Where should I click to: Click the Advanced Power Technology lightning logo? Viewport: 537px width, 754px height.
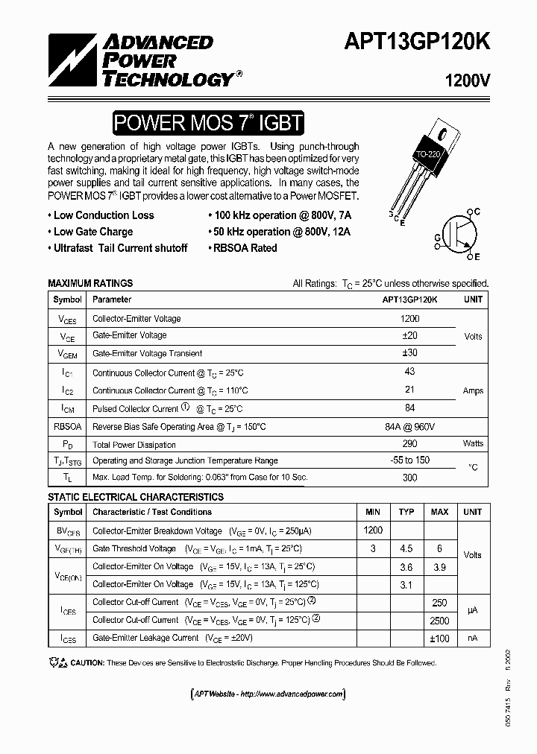66,59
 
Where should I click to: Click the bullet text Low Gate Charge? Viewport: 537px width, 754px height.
93,232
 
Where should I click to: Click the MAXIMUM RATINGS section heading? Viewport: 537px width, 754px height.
90,283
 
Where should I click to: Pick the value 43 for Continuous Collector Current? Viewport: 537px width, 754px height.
409,372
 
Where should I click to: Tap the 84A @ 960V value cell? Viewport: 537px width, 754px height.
409,426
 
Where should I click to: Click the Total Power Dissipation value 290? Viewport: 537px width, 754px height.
409,444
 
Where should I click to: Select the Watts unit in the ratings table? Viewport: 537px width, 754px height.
473,444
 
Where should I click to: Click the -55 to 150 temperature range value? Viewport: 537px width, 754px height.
409,460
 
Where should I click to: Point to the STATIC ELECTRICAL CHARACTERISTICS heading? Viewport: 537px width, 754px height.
136,497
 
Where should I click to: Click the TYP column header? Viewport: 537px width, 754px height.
406,513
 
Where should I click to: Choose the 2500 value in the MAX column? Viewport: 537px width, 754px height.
439,620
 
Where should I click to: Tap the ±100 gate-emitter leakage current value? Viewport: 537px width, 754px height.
439,638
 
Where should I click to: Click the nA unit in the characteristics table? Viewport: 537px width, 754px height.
473,638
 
